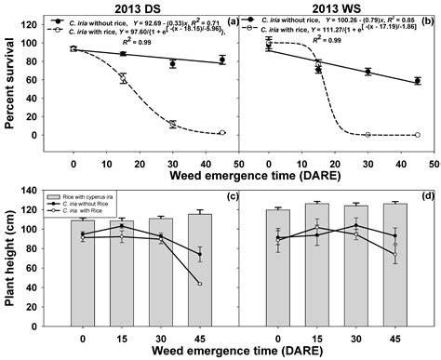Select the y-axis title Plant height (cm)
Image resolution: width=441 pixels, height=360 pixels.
(9, 251)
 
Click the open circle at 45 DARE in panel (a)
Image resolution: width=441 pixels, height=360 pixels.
(221, 133)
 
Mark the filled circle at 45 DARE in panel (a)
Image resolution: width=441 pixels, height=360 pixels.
(221, 60)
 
